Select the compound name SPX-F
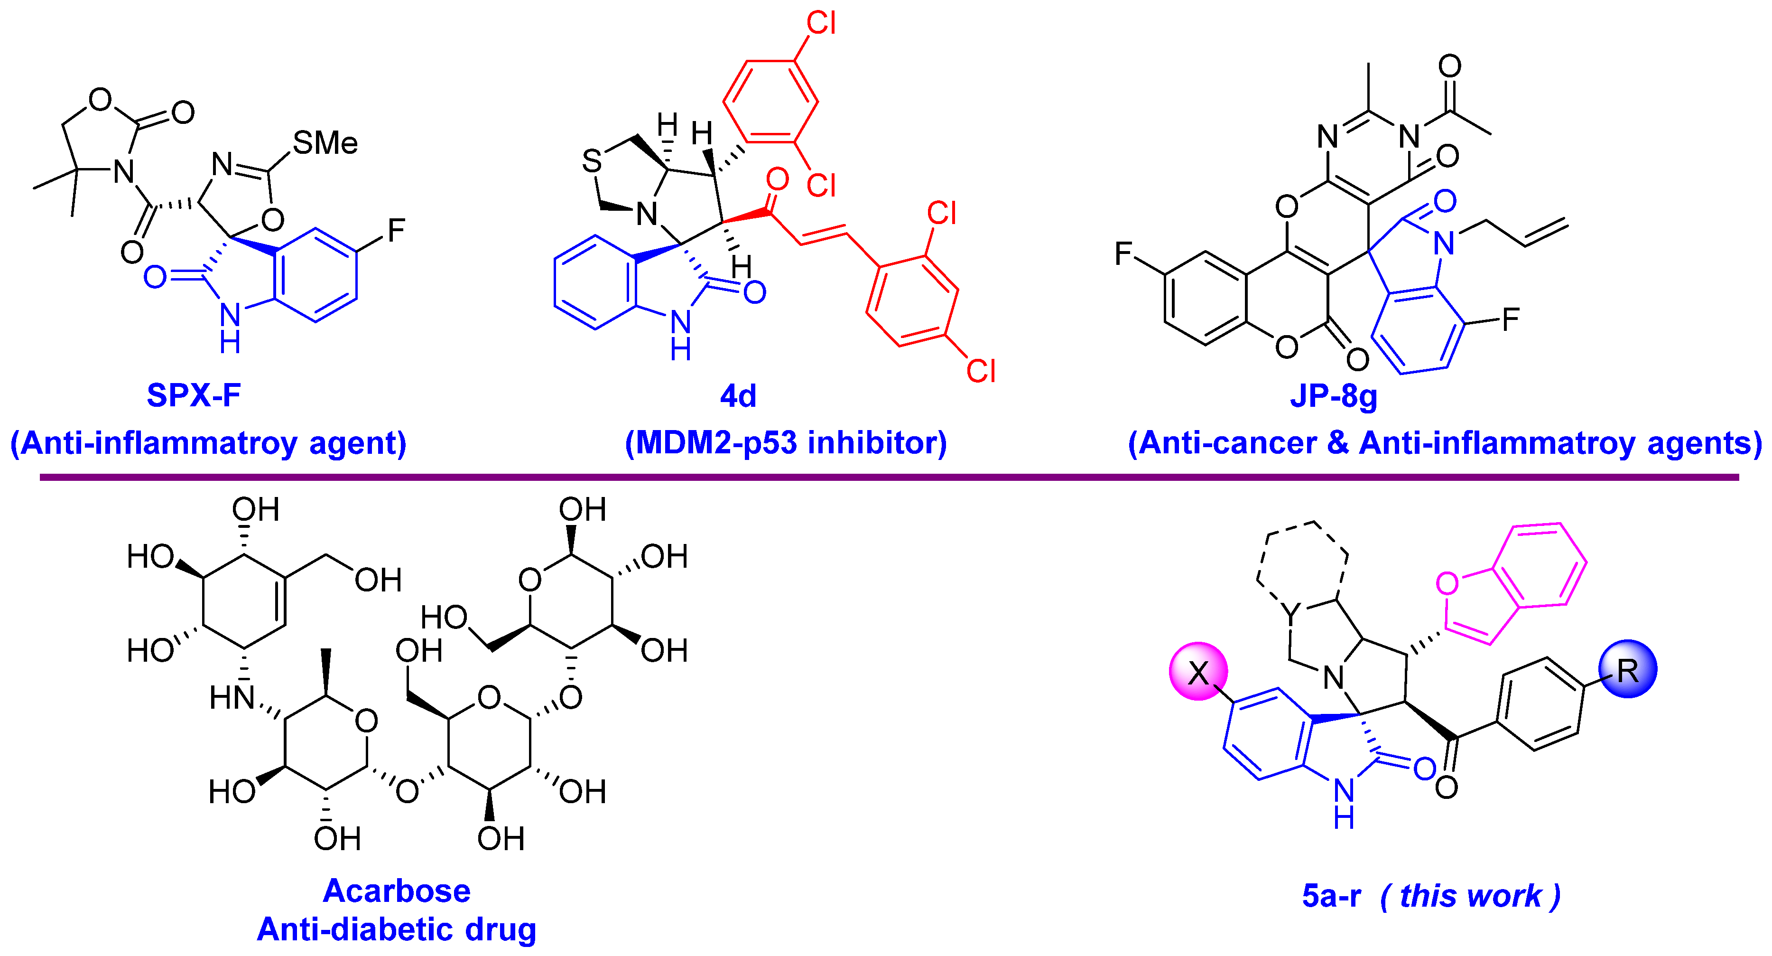click(x=194, y=395)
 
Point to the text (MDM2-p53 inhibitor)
click(x=786, y=442)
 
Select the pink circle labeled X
click(x=1198, y=672)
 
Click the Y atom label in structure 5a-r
click(x=1292, y=612)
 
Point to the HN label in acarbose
click(x=232, y=698)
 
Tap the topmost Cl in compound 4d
click(x=821, y=23)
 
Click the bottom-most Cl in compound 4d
click(x=981, y=371)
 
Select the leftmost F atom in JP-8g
click(x=1123, y=254)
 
